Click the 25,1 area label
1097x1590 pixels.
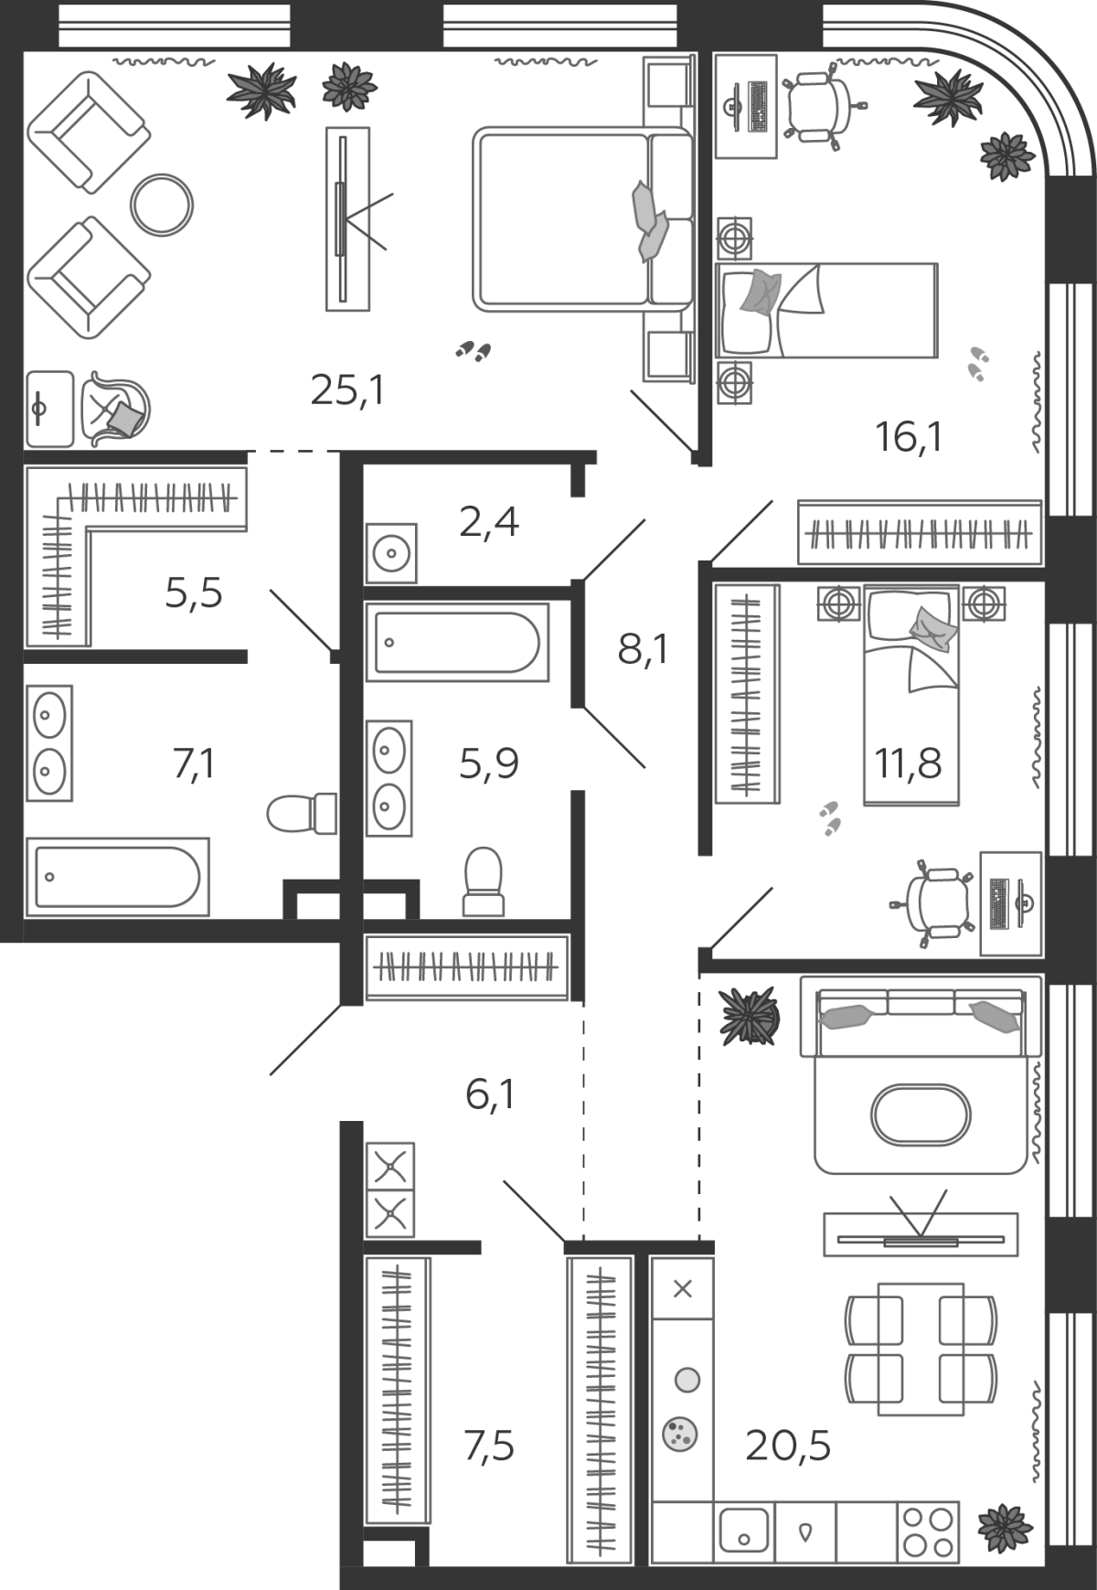[347, 390]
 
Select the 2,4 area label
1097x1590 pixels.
[489, 522]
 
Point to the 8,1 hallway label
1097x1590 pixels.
[643, 650]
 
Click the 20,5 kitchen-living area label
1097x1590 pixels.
[788, 1446]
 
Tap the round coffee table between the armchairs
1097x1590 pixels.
[162, 206]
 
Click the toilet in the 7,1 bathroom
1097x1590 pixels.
[303, 813]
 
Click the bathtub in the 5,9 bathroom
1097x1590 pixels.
[457, 642]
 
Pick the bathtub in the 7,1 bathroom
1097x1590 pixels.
[117, 877]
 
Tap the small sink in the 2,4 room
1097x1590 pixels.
[391, 553]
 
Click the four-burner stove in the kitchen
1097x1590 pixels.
[928, 1532]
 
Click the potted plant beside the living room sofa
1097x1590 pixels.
[750, 1015]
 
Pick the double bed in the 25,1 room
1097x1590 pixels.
[582, 219]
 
